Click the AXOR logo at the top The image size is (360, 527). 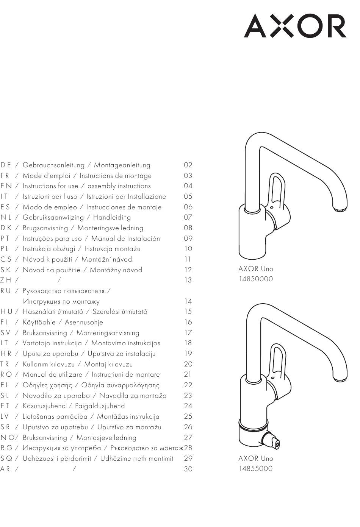pyautogui.click(x=295, y=25)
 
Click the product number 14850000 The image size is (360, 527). pyautogui.click(x=256, y=279)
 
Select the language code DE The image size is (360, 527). pyautogui.click(x=6, y=165)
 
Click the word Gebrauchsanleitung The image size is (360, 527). pyautogui.click(x=53, y=165)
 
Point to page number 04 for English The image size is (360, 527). pyautogui.click(x=188, y=186)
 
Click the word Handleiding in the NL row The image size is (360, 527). pyautogui.click(x=112, y=217)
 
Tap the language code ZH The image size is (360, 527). pyautogui.click(x=6, y=280)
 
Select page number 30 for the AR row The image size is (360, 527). pyautogui.click(x=188, y=469)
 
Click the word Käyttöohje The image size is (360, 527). pyautogui.click(x=39, y=322)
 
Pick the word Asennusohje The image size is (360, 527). pyautogui.click(x=84, y=322)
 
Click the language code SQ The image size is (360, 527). pyautogui.click(x=6, y=458)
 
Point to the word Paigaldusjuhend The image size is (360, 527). pyautogui.click(x=100, y=406)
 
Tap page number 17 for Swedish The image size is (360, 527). pyautogui.click(x=188, y=333)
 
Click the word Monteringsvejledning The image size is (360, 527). pyautogui.click(x=110, y=228)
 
